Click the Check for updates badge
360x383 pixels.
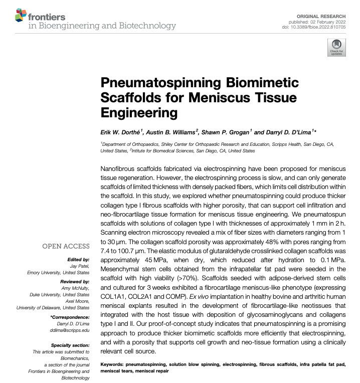tap(336, 49)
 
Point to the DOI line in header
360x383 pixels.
tap(317, 28)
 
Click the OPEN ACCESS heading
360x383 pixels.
tap(65, 246)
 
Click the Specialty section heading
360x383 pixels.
tap(70, 346)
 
